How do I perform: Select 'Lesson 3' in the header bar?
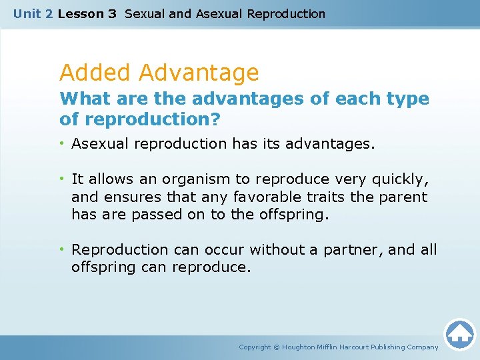(x=87, y=13)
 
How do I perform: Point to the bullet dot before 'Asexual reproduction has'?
(x=62, y=143)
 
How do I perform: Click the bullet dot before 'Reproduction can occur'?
(x=62, y=249)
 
